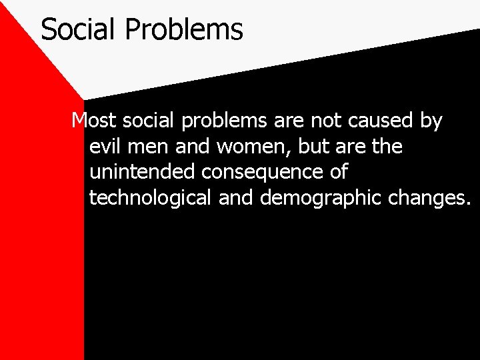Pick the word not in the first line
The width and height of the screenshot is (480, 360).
pyautogui.click(x=312, y=121)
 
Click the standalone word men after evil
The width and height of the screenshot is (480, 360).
pyautogui.click(x=147, y=146)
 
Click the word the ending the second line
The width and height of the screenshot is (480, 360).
pyautogui.click(x=387, y=146)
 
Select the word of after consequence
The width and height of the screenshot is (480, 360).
pyautogui.click(x=338, y=172)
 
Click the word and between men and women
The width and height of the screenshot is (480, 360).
pyautogui.click(x=189, y=146)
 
